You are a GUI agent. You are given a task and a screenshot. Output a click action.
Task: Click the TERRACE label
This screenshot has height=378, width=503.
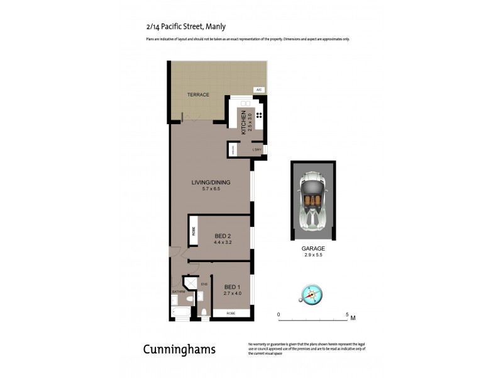pos(198,94)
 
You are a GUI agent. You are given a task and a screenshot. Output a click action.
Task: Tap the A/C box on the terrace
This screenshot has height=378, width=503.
pos(258,90)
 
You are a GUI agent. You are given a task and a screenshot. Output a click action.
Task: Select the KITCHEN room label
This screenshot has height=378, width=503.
pos(241,119)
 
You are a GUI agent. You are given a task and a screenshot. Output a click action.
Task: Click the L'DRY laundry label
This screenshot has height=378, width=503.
pos(257,149)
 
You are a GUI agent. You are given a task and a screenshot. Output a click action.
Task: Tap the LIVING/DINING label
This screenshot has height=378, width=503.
pos(211,182)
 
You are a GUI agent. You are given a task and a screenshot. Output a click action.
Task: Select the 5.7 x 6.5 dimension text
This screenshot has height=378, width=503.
pos(211,188)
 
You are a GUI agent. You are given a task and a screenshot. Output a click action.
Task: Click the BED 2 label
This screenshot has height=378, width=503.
pos(223,236)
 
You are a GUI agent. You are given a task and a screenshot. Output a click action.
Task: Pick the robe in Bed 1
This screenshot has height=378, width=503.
pos(231,312)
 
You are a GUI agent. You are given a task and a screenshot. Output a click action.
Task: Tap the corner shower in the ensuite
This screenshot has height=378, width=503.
pos(189,284)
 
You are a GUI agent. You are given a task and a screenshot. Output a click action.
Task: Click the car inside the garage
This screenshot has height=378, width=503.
pos(312,200)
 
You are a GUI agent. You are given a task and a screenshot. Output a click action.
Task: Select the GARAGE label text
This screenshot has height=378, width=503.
pos(312,248)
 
